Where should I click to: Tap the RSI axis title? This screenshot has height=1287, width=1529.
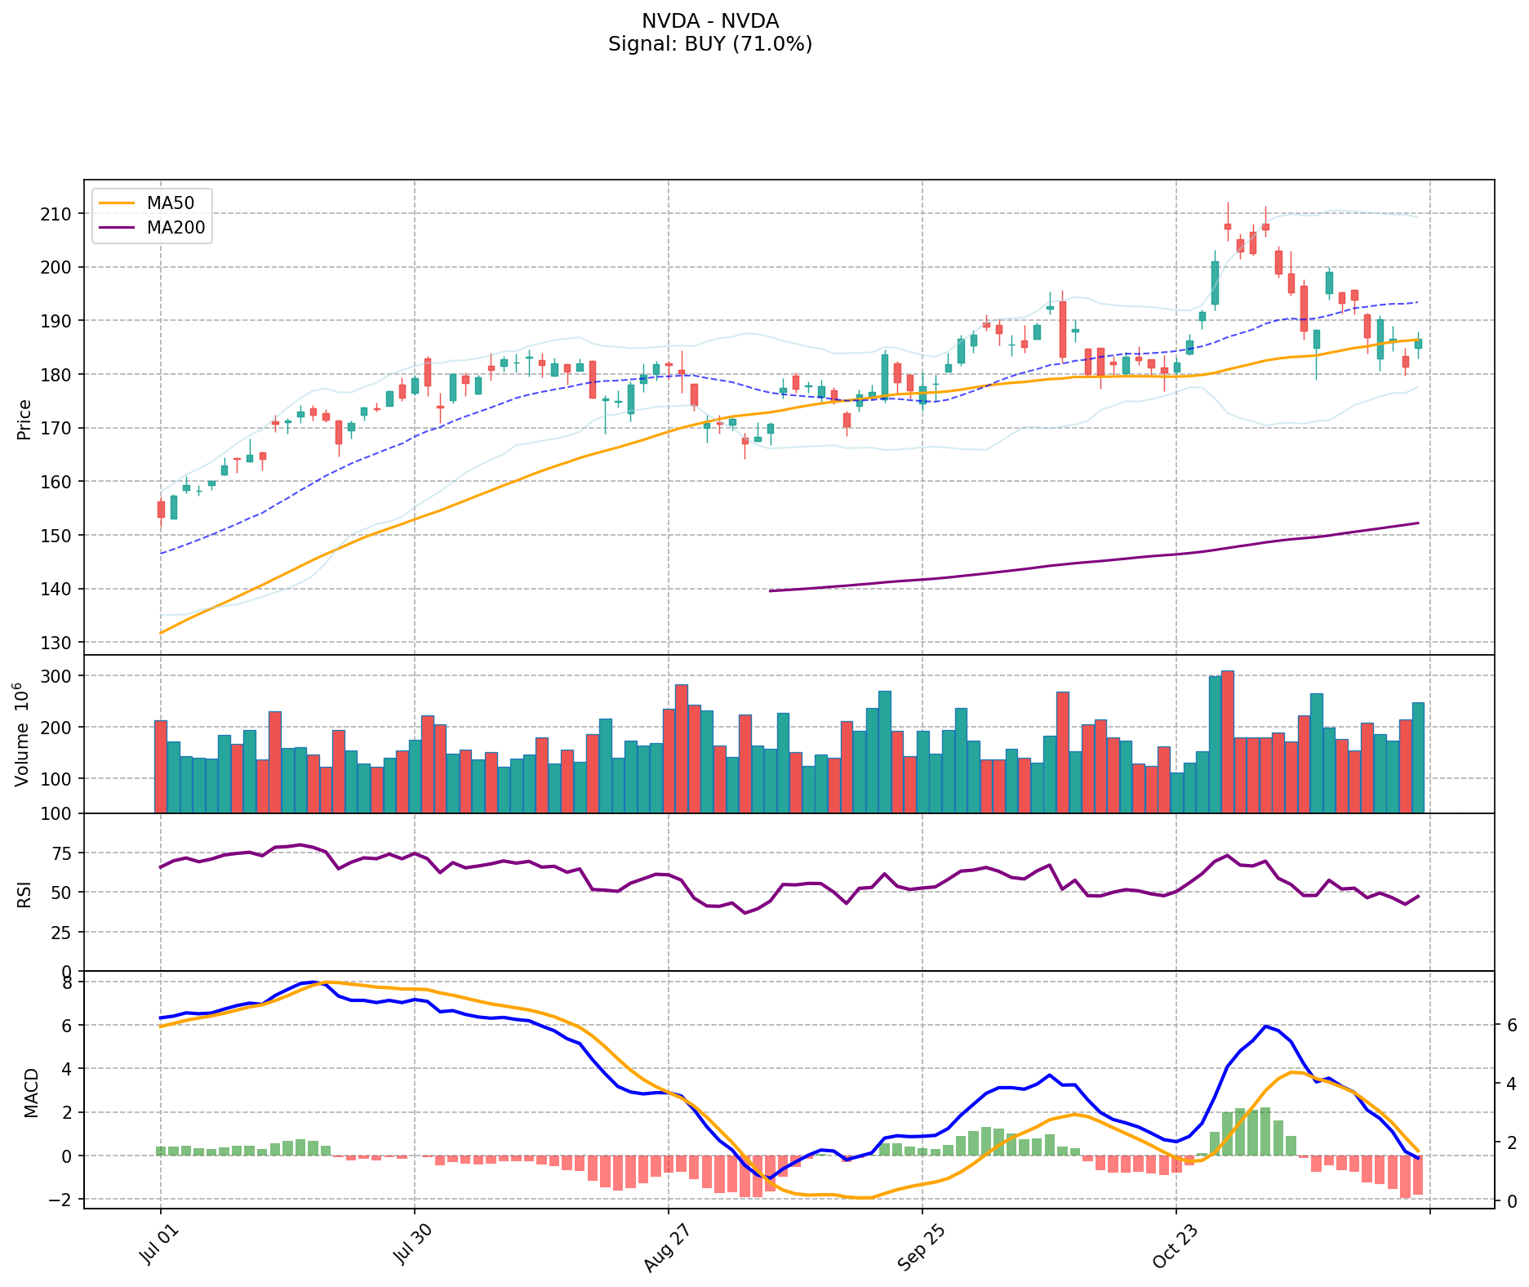coord(24,893)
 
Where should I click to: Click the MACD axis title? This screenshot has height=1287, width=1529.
coord(31,1092)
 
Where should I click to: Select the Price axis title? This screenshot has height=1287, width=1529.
coord(24,419)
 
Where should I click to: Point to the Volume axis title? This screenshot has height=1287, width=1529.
coord(22,735)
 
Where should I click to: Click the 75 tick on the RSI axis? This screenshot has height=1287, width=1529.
coord(64,853)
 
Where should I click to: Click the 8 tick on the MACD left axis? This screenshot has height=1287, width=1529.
coord(69,982)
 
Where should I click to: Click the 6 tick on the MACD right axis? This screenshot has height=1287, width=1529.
coord(1511,1025)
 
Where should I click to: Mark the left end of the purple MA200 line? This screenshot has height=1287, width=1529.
coord(770,590)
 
